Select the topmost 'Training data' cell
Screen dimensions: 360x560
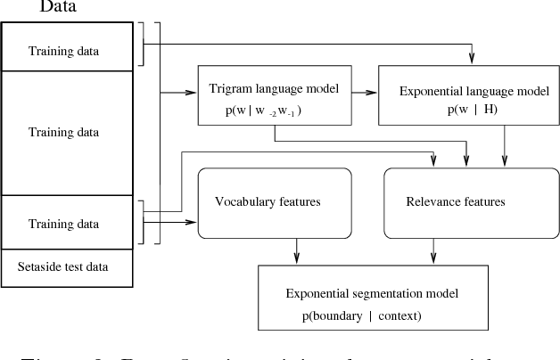(x=63, y=50)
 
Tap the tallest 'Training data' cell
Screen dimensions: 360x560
(x=63, y=132)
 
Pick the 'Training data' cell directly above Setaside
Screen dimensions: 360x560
(x=63, y=222)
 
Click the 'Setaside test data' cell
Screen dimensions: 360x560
(x=63, y=266)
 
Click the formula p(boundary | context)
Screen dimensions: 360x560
(x=360, y=315)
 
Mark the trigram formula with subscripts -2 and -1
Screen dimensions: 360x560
(x=264, y=110)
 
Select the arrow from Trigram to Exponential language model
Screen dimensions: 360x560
(x=364, y=91)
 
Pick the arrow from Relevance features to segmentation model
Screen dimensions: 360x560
(x=433, y=250)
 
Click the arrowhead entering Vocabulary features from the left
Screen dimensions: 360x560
(x=193, y=221)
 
